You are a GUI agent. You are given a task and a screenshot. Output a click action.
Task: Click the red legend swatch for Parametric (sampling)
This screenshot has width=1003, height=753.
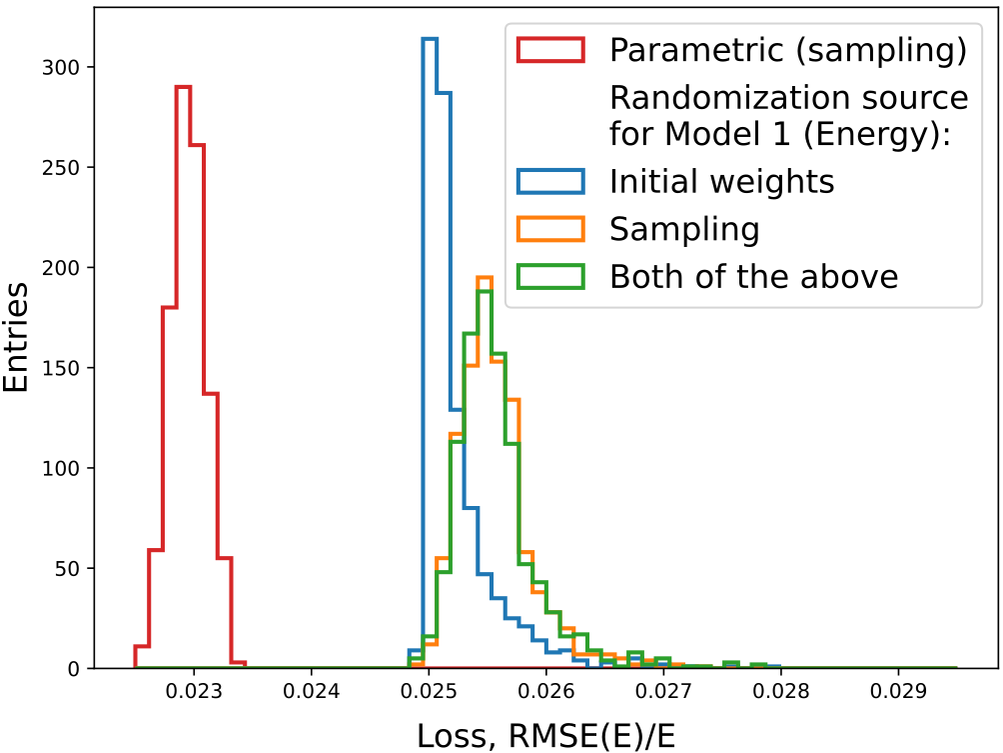pos(550,50)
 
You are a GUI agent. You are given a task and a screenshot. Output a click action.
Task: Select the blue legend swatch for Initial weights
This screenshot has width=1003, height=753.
pos(550,182)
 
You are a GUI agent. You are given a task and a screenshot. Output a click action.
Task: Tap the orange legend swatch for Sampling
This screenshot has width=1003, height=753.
pos(550,229)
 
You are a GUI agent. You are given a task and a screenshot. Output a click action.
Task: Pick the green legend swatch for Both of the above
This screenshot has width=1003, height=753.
pos(550,277)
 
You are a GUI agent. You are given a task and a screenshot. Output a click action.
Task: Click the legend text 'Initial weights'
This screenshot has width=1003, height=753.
pos(721,182)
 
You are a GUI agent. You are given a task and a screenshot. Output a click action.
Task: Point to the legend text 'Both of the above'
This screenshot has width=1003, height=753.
pos(753,277)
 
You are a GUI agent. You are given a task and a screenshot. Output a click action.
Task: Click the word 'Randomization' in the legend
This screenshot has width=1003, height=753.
pos(725,98)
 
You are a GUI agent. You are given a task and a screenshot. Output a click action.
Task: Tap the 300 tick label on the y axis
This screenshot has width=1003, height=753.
pos(61,67)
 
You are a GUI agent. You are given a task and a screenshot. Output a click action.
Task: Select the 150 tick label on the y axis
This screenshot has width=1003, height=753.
pos(61,368)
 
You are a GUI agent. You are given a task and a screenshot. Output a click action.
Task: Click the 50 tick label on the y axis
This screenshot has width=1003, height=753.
pos(67,569)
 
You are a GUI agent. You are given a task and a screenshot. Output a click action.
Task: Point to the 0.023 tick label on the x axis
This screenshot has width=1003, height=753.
pos(194,692)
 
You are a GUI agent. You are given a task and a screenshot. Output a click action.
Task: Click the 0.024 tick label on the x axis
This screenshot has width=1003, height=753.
pos(312,692)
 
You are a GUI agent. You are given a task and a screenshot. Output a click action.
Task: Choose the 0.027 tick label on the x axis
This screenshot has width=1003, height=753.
pos(663,692)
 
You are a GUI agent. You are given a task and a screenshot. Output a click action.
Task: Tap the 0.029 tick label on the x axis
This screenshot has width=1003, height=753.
pos(898,692)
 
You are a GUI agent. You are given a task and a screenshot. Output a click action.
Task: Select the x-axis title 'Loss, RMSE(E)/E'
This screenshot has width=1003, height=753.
pos(546,736)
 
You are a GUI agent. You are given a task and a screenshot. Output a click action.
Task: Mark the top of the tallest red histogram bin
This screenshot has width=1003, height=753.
pos(184,86)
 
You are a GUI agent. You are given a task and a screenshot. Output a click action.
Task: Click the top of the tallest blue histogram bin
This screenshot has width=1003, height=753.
pos(430,38)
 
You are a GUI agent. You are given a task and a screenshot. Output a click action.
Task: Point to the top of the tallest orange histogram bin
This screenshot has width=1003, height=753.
pos(485,277)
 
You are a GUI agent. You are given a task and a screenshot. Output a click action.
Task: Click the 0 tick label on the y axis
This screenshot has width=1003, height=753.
pos(74,668)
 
